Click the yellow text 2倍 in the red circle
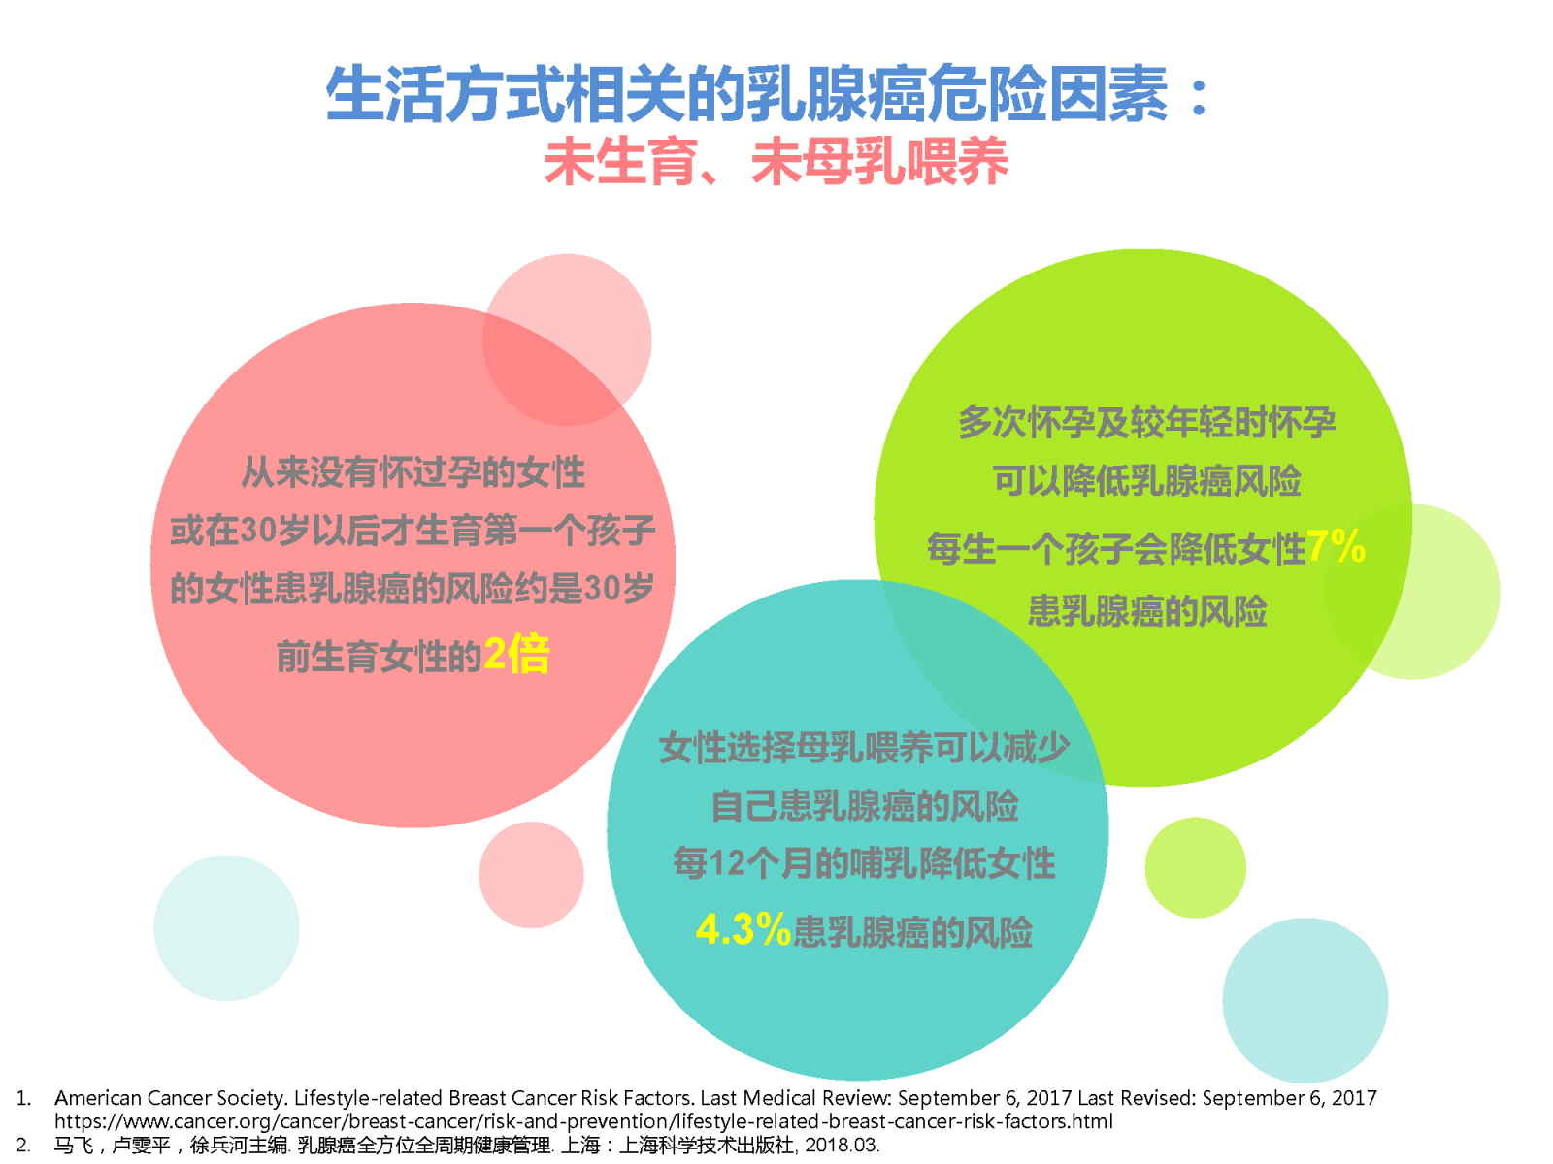pos(516,655)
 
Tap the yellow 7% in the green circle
pos(1336,545)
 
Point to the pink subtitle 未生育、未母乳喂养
pos(776,162)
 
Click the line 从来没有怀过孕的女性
pos(413,472)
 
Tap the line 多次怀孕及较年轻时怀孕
pos(1147,423)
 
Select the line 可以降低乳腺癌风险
pos(1147,480)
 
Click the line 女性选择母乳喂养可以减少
pos(864,747)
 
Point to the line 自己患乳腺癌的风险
pos(865,806)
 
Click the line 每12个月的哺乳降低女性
pos(865,863)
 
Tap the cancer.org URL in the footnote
pos(583,1121)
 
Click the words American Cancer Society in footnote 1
pos(169,1098)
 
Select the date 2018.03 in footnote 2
pos(842,1145)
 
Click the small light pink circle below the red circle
pos(531,874)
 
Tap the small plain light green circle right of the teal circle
pos(1196,867)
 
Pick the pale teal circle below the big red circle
pos(226,927)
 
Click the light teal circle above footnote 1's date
pos(1305,1000)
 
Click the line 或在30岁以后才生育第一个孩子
pos(413,530)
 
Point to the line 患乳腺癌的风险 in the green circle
pos(1147,611)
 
